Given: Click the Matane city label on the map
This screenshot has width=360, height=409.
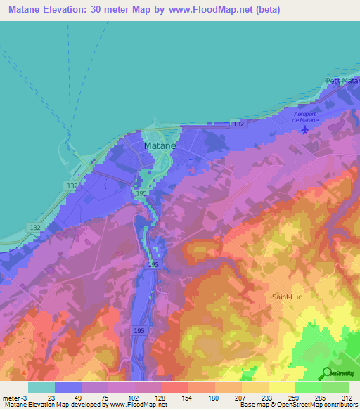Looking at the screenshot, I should coord(160,145).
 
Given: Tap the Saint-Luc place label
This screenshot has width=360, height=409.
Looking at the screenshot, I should coord(288,297).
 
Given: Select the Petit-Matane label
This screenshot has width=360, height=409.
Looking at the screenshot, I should coord(342,82).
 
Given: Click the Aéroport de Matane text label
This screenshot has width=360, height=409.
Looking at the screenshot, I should coord(307,117).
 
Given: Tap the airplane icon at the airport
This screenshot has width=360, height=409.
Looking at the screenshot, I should coord(304,129).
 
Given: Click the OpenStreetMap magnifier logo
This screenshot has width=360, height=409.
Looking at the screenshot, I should coord(326,374).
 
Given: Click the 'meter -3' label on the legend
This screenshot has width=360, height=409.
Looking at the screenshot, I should coord(14,398).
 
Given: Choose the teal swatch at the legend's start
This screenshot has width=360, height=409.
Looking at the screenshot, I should coord(41,387).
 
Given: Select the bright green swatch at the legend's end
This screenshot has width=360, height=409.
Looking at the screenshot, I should coord(335,387).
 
